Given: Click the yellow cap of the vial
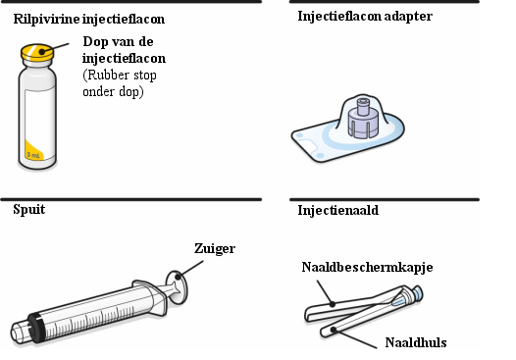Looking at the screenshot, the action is click(37, 52).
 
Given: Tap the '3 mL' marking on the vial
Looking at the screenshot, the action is click(33, 154).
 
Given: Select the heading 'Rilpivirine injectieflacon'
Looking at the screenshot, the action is click(89, 19).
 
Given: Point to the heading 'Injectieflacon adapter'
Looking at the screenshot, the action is click(365, 16).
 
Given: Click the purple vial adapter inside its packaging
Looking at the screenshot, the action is click(363, 118).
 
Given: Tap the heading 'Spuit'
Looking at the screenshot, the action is click(29, 209).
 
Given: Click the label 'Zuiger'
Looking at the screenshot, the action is click(215, 248).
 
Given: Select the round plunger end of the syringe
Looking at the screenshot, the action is click(177, 287).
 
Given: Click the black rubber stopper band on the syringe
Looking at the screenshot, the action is click(35, 328).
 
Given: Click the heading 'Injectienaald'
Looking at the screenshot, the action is click(338, 210).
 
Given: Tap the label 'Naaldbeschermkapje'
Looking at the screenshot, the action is click(367, 267).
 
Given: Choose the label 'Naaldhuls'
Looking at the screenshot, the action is click(416, 342).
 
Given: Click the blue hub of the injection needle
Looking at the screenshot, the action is click(416, 293).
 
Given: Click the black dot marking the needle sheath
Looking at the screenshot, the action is click(334, 329).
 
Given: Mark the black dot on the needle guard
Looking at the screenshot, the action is click(333, 304).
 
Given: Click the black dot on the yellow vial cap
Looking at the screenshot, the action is click(42, 52).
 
